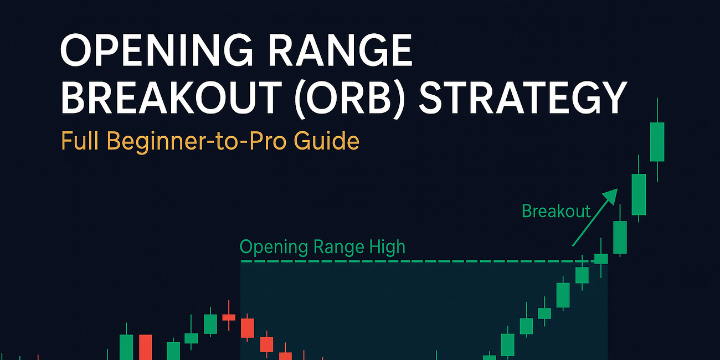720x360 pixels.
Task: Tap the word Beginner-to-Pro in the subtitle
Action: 199,141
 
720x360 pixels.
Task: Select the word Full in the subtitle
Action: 80,141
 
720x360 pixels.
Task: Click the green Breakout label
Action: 556,211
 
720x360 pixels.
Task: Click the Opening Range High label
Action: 322,247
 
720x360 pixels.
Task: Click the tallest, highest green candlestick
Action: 657,142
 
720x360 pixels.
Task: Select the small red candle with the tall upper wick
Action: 229,317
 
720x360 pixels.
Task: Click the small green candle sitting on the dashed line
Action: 601,258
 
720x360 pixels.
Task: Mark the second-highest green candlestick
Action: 639,194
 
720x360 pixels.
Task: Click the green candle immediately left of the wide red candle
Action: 126,346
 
